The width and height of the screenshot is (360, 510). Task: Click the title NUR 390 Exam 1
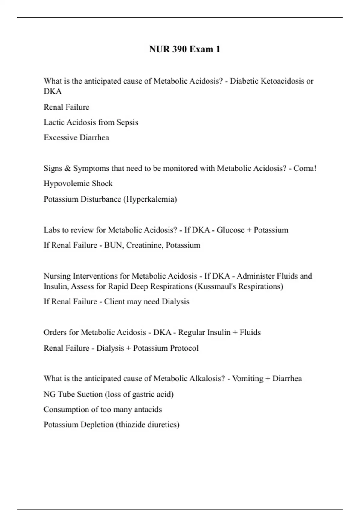tap(184, 49)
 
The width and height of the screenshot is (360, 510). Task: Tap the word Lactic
tap(54, 122)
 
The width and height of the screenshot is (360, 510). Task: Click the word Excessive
tap(61, 137)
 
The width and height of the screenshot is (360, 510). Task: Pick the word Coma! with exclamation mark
tap(305, 168)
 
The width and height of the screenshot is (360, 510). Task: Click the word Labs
tap(52, 230)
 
